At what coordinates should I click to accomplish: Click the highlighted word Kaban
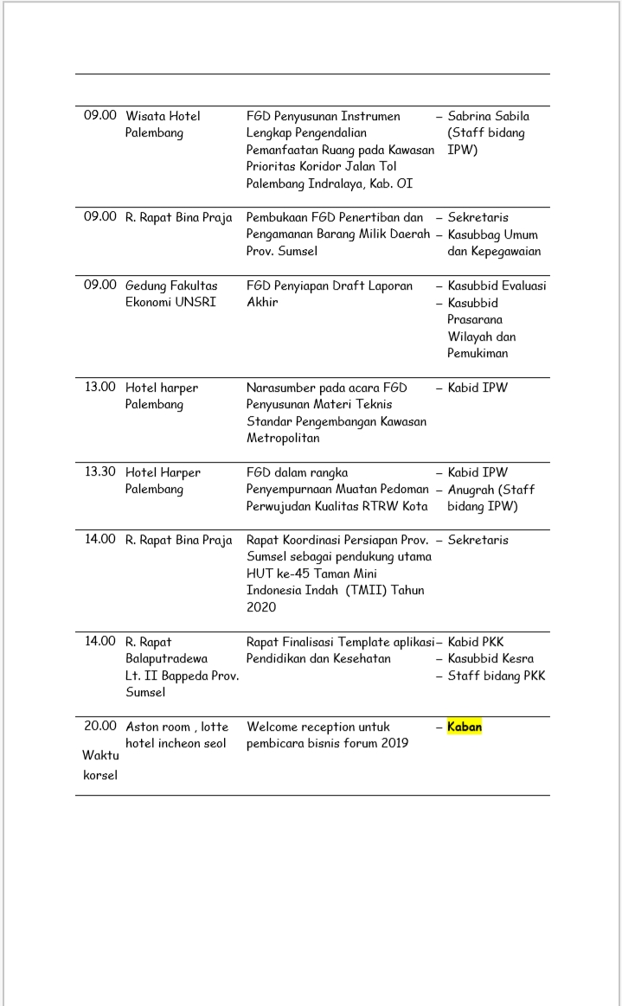click(x=465, y=727)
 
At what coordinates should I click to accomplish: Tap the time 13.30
click(x=99, y=472)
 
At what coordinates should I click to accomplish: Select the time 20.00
click(x=99, y=727)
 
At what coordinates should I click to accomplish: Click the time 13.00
click(x=99, y=388)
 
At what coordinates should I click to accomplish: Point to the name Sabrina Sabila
click(x=488, y=116)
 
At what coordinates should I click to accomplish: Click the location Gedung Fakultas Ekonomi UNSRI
click(x=171, y=294)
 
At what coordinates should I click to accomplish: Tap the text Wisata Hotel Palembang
click(x=163, y=125)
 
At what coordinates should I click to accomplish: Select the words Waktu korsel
click(x=99, y=765)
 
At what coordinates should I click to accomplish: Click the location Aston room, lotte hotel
click(x=176, y=735)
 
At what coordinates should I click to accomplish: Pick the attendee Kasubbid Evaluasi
click(x=497, y=285)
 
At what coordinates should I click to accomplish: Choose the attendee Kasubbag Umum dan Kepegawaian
click(x=492, y=243)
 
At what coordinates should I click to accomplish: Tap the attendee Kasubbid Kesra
click(x=491, y=659)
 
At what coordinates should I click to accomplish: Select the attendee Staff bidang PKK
click(x=496, y=676)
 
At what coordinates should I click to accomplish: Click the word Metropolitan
click(x=283, y=439)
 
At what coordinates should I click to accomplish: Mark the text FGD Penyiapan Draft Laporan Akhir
click(x=329, y=294)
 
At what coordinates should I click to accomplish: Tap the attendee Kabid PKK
click(x=477, y=642)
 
